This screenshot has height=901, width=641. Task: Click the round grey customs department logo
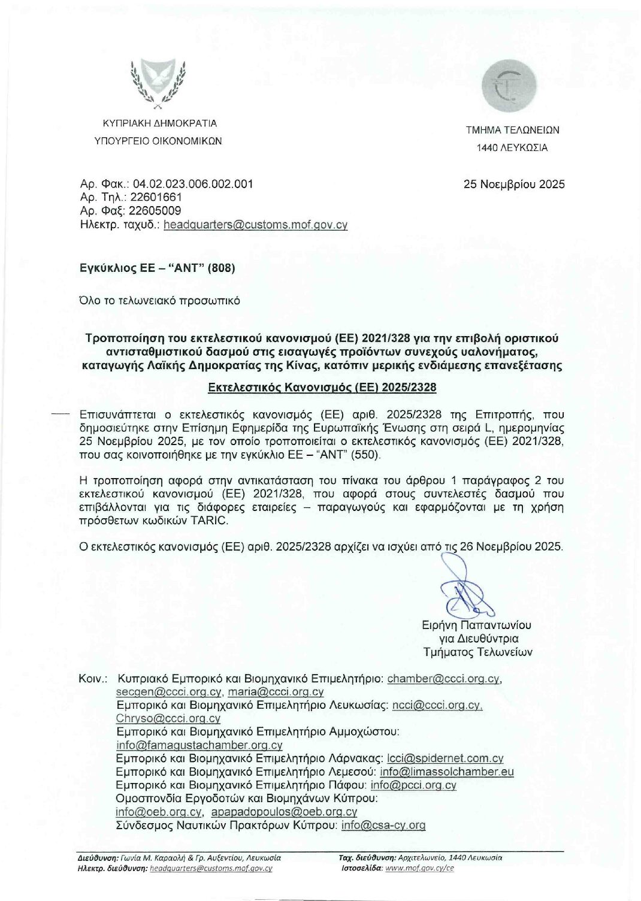click(512, 89)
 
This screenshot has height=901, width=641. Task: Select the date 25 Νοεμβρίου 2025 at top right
click(514, 185)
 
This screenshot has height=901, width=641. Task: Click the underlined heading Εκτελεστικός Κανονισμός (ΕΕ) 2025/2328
click(322, 388)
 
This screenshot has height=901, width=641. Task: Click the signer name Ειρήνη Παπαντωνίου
click(476, 625)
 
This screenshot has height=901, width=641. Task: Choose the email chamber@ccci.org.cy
click(443, 679)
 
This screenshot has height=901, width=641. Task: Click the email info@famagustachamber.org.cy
click(199, 745)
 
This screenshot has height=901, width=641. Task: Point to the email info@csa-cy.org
click(383, 825)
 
